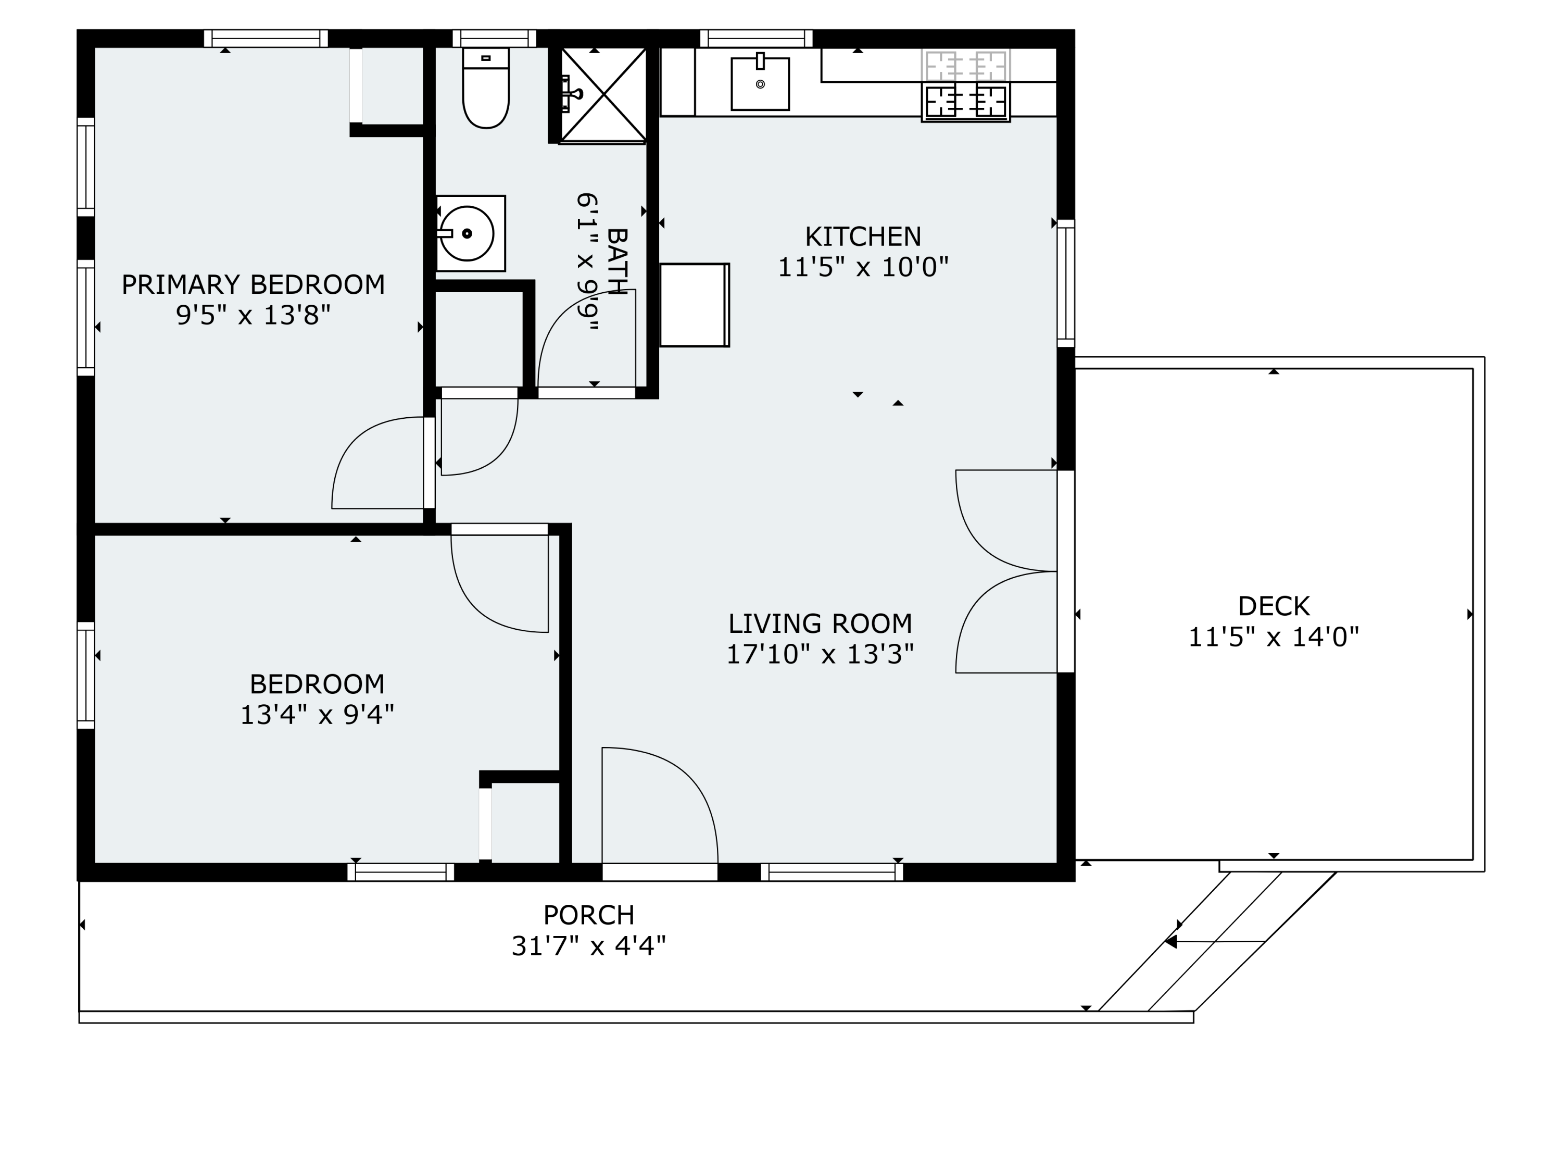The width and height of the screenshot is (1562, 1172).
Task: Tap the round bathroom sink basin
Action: pos(466,233)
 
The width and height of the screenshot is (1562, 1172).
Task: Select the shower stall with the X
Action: pos(604,95)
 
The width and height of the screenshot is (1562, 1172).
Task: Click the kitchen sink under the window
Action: pos(760,85)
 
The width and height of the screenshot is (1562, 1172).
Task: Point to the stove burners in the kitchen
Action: pos(965,101)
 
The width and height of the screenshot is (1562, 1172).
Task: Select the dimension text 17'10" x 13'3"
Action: pos(820,655)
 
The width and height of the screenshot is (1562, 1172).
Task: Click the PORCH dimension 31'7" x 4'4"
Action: pos(588,946)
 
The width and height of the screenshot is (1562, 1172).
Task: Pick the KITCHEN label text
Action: pos(863,236)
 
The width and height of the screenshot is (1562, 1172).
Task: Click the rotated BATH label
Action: pos(616,261)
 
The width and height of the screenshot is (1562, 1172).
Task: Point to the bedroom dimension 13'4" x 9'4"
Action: pos(317,715)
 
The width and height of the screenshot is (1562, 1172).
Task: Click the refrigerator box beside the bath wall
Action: pos(694,305)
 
